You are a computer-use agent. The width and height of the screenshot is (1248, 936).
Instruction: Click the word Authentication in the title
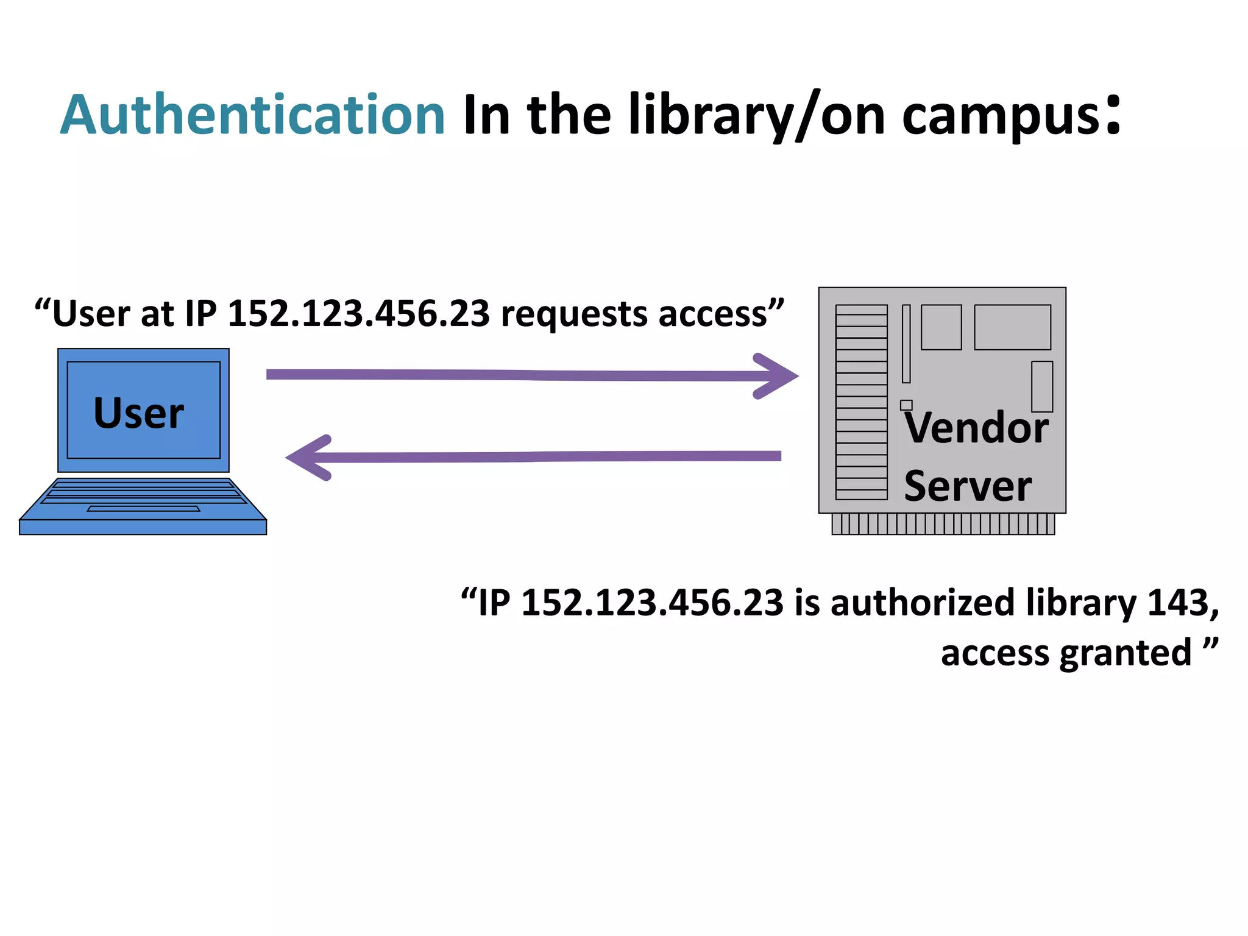(252, 115)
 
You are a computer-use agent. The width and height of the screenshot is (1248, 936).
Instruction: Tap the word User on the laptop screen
(138, 413)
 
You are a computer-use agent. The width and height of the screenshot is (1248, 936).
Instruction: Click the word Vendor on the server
(976, 428)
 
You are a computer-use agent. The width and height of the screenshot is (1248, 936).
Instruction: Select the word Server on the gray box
(967, 486)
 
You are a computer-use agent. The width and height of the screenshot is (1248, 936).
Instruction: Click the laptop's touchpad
(143, 508)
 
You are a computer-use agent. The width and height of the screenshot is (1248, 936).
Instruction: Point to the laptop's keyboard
(143, 491)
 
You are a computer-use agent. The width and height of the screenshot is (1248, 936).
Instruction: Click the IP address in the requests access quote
(358, 314)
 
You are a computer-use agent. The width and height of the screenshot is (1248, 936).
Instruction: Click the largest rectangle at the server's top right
(1012, 327)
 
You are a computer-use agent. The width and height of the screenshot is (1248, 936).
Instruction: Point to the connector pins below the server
(943, 524)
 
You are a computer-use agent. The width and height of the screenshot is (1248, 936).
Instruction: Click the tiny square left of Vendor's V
(906, 405)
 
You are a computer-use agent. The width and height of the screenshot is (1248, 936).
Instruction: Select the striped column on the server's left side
(861, 402)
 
